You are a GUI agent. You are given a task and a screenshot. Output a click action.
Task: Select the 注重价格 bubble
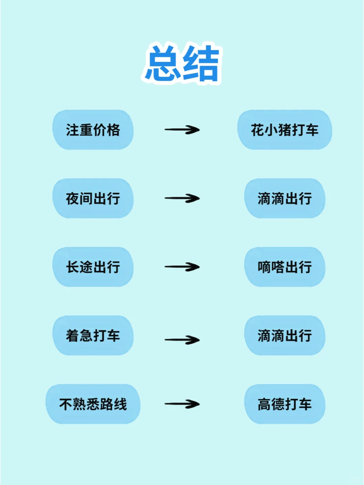93,130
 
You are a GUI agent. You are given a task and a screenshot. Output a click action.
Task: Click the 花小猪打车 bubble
285,130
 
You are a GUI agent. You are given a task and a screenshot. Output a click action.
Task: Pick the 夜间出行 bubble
93,198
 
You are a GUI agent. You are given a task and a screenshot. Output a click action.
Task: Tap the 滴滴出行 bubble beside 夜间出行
285,198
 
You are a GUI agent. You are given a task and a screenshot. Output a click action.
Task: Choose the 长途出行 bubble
93,267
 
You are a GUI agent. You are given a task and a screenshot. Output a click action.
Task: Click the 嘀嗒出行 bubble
285,267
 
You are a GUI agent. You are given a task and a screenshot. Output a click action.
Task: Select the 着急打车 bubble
93,335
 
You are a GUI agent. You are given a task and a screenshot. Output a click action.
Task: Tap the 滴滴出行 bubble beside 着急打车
285,335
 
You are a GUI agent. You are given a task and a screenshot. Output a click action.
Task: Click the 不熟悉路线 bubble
93,404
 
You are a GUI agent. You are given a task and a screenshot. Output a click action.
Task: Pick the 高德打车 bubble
285,404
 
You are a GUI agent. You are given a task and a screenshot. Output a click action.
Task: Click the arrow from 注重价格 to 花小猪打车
182,130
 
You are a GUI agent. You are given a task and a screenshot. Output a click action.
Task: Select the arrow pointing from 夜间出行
182,198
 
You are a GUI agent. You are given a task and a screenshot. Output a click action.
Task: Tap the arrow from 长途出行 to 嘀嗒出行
182,267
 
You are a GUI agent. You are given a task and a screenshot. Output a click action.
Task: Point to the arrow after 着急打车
182,340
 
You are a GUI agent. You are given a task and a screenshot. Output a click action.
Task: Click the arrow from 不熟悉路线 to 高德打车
182,404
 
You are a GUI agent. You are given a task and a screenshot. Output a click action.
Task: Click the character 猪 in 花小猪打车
285,130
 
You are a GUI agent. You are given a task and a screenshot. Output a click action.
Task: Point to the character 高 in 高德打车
265,404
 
